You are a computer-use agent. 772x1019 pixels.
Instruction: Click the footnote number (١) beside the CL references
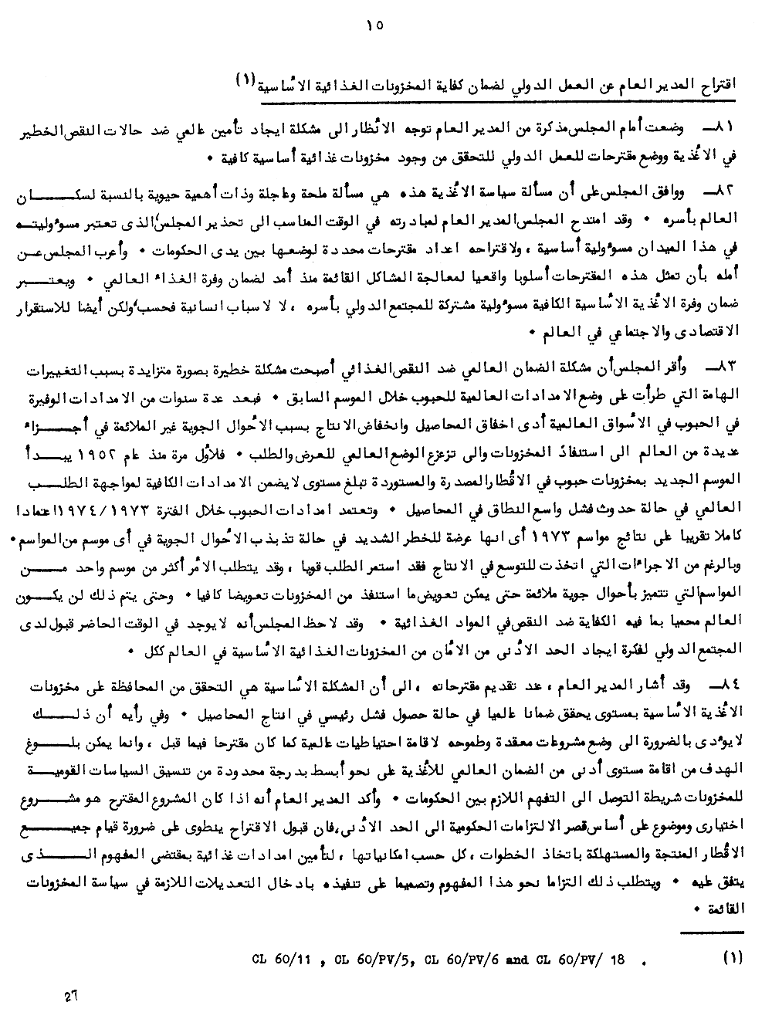coord(733,959)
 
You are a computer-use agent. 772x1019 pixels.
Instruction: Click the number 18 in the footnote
coord(616,960)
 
